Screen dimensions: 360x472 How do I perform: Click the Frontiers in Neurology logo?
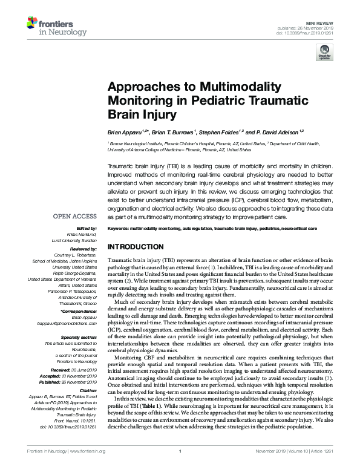[x=50, y=27]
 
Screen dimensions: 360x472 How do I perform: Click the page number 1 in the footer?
[x=180, y=468]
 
